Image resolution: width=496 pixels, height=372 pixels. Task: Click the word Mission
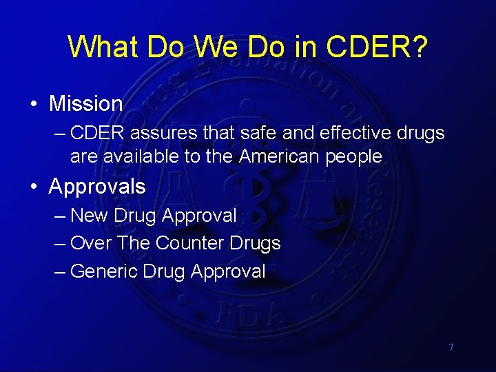click(x=86, y=104)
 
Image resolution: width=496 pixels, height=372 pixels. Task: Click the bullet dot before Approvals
click(x=33, y=187)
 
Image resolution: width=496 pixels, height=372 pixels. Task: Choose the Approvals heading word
click(x=97, y=187)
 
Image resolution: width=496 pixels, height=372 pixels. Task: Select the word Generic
click(x=104, y=271)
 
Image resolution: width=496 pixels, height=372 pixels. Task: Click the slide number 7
click(x=451, y=347)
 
